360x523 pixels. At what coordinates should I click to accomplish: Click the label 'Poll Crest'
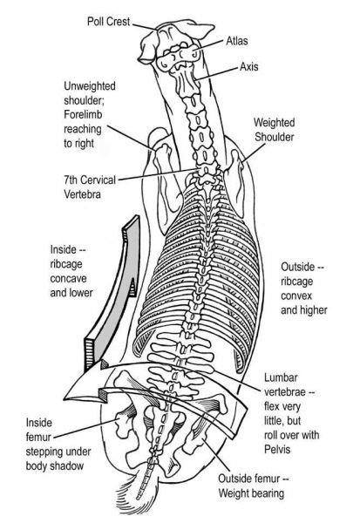108,21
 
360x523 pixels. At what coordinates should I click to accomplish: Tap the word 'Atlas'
237,41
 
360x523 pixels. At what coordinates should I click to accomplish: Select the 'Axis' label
249,67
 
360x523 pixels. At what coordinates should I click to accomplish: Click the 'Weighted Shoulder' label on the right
275,130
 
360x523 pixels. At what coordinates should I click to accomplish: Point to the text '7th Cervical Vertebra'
90,187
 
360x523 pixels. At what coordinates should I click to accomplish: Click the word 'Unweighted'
90,86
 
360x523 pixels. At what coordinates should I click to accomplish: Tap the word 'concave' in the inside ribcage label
68,278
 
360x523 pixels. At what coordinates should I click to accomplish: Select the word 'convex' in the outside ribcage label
296,295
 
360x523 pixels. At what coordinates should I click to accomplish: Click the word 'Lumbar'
281,377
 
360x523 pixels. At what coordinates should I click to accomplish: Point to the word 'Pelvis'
277,449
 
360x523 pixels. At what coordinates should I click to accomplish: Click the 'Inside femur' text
38,430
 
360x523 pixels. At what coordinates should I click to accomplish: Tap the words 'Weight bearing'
251,493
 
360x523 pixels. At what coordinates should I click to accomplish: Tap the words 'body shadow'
54,466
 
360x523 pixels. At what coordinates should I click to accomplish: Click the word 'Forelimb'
83,114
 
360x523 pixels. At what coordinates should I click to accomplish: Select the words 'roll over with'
292,435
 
